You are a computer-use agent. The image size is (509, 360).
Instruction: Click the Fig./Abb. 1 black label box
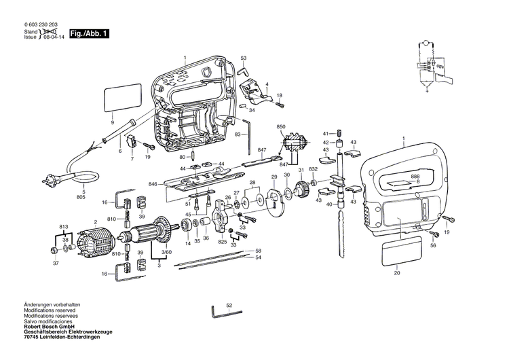pyautogui.click(x=89, y=33)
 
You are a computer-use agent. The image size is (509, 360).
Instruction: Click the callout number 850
pyautogui.click(x=281, y=127)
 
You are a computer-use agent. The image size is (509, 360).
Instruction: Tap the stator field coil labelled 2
pyautogui.click(x=96, y=241)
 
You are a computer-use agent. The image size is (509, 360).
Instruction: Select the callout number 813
pyautogui.click(x=64, y=226)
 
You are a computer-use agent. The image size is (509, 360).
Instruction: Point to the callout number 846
pyautogui.click(x=153, y=184)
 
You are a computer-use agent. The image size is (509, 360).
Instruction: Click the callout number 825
pyautogui.click(x=222, y=242)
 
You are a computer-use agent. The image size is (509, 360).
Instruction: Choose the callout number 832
pyautogui.click(x=313, y=169)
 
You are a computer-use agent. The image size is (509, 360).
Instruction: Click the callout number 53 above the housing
pyautogui.click(x=244, y=58)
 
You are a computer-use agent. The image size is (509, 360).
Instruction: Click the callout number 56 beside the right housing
pyautogui.click(x=433, y=247)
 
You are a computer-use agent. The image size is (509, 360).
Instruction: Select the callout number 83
pyautogui.click(x=238, y=134)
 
